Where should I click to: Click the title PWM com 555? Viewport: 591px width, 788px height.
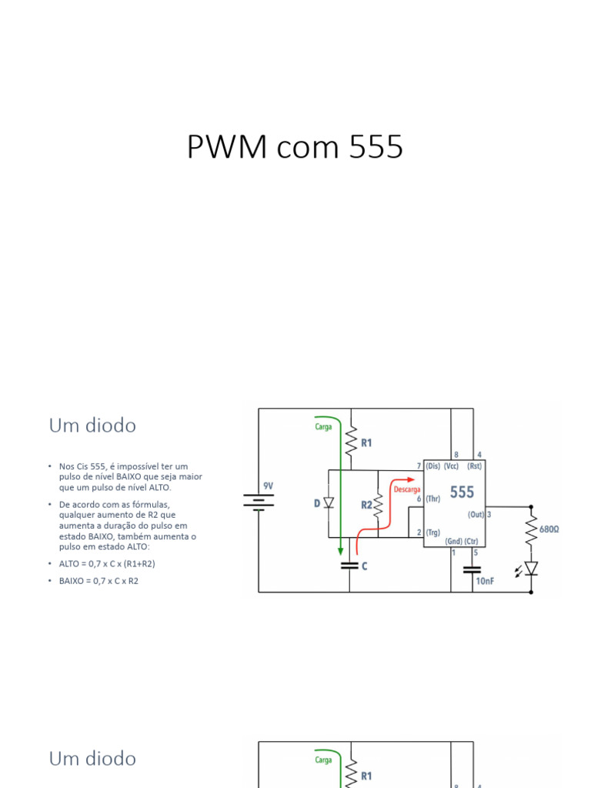pos(295,147)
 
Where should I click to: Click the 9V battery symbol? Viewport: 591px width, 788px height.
pos(259,503)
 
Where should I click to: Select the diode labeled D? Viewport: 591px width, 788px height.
pos(329,503)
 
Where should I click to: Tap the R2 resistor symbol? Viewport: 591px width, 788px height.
pos(378,506)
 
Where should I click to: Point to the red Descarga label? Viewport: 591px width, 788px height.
pos(406,489)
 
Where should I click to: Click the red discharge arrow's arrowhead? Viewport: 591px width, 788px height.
pos(413,479)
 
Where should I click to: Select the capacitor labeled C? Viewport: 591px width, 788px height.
pos(350,565)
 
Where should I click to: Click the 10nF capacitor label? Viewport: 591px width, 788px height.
pos(485,581)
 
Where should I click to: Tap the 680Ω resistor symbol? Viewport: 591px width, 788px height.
pos(531,529)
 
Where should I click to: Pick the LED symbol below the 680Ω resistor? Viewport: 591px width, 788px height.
pos(530,569)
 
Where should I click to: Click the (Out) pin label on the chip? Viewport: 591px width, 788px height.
pos(476,514)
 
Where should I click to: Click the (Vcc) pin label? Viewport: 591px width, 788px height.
pos(450,466)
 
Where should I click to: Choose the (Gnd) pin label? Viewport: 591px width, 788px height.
pos(453,542)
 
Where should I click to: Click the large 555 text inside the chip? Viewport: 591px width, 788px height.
pos(462,492)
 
